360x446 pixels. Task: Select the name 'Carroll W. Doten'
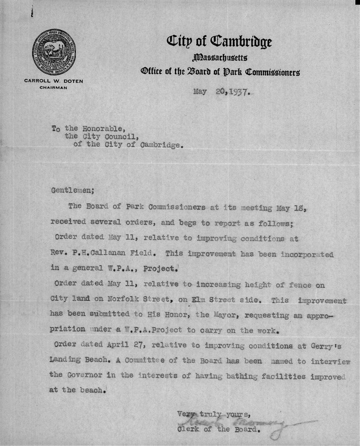pos(52,81)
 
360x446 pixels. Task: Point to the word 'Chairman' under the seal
pos(52,88)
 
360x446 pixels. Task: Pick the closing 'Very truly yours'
pos(210,413)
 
